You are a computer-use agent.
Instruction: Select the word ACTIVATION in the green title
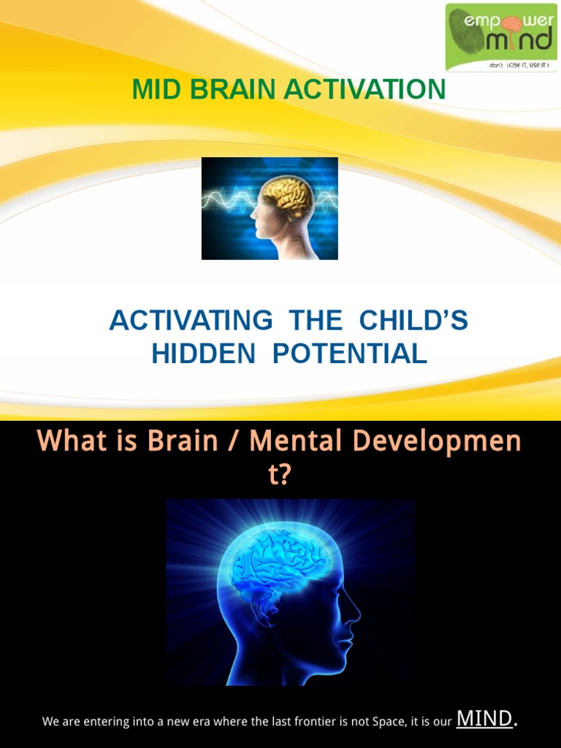tap(365, 90)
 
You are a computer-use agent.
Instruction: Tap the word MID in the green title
tap(154, 90)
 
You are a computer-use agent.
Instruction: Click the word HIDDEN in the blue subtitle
tap(203, 354)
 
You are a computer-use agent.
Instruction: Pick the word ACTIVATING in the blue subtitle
tap(191, 321)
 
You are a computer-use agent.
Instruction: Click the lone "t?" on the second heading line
tap(280, 476)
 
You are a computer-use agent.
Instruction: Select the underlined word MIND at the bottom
tap(484, 719)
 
